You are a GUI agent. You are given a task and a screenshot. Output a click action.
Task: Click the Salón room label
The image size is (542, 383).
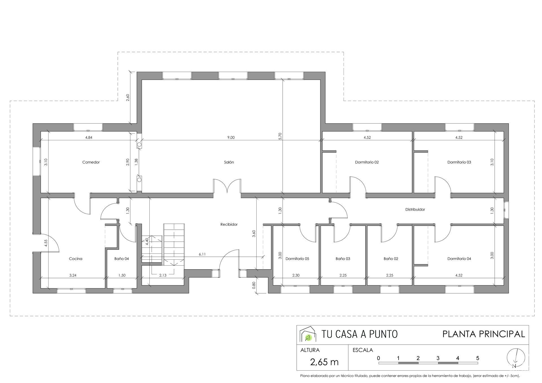pyautogui.click(x=229, y=162)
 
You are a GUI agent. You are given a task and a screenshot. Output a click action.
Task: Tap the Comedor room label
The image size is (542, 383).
pyautogui.click(x=91, y=162)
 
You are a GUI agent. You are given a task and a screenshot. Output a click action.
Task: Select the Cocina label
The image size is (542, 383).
pyautogui.click(x=76, y=259)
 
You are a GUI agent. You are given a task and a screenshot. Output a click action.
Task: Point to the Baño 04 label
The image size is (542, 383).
pyautogui.click(x=122, y=259)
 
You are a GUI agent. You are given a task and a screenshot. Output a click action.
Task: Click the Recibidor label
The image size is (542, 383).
pyautogui.click(x=229, y=224)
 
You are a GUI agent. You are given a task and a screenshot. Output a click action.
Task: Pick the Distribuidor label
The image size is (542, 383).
pyautogui.click(x=415, y=209)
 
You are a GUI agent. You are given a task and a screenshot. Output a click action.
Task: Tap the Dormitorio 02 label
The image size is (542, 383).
pyautogui.click(x=367, y=162)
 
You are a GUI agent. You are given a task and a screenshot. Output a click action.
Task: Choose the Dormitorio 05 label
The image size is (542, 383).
pyautogui.click(x=297, y=259)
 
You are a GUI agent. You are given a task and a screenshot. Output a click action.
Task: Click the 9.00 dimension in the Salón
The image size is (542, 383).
pyautogui.click(x=231, y=137)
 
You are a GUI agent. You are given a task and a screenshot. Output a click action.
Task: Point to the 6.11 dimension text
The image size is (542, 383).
pyautogui.click(x=202, y=254)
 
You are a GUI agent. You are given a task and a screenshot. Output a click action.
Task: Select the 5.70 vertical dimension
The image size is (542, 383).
pyautogui.click(x=280, y=136)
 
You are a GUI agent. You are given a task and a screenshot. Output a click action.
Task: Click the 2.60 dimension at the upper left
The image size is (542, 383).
pyautogui.click(x=128, y=98)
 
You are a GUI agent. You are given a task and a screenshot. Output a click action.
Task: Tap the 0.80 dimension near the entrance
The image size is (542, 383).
pyautogui.click(x=254, y=285)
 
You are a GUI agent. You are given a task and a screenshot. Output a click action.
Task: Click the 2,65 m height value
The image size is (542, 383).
pyautogui.click(x=324, y=362)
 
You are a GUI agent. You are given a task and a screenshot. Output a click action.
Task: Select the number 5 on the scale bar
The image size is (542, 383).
pyautogui.click(x=478, y=358)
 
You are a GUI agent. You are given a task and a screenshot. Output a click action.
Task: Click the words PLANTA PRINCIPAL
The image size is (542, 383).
pyautogui.click(x=484, y=334)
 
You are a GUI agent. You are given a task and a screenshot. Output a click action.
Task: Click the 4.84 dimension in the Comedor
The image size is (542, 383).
pyautogui.click(x=89, y=137)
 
